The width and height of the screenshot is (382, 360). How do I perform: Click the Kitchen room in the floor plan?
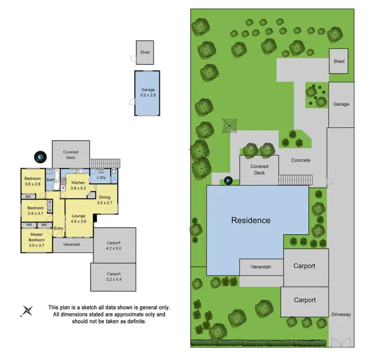pos(78,185)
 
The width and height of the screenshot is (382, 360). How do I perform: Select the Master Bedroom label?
pos(37,237)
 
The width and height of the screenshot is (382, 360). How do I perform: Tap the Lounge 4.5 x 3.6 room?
pos(78,219)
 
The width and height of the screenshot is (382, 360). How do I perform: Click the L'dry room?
pos(101,178)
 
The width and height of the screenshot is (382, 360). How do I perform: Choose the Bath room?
pos(50,180)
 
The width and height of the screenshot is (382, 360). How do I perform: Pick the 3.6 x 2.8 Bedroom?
pos(33,181)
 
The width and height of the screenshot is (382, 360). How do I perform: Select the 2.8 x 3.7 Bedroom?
pos(35,210)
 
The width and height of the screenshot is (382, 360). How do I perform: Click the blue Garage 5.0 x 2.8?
pos(148,92)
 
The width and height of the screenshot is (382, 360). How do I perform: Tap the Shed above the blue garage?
pos(145,52)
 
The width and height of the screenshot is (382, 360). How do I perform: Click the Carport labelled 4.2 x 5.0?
pos(114,246)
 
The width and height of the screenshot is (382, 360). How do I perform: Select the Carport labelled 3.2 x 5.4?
pos(113,277)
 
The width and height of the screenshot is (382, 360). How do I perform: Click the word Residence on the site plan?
pos(251,220)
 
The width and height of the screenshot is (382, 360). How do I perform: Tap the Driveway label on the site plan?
pos(341,315)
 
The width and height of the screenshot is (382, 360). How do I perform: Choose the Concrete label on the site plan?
pos(300,160)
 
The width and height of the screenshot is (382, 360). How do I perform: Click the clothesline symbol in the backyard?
pos(229,125)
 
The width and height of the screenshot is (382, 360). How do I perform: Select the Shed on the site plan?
pos(338,61)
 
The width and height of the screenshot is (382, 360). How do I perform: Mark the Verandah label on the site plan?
pos(261,267)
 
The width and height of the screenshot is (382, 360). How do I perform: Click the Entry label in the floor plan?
pos(59,228)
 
